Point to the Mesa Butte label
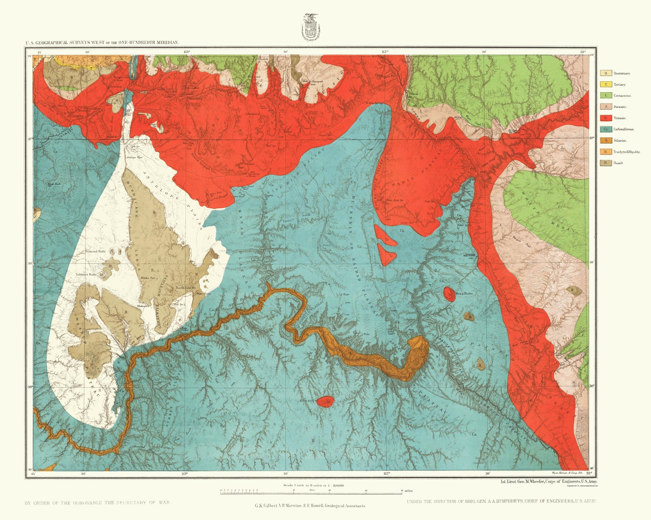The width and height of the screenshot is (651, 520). tap(463, 293)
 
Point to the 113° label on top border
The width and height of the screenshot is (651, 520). tap(186, 51)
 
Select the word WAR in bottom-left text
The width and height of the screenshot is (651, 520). tap(165, 503)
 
